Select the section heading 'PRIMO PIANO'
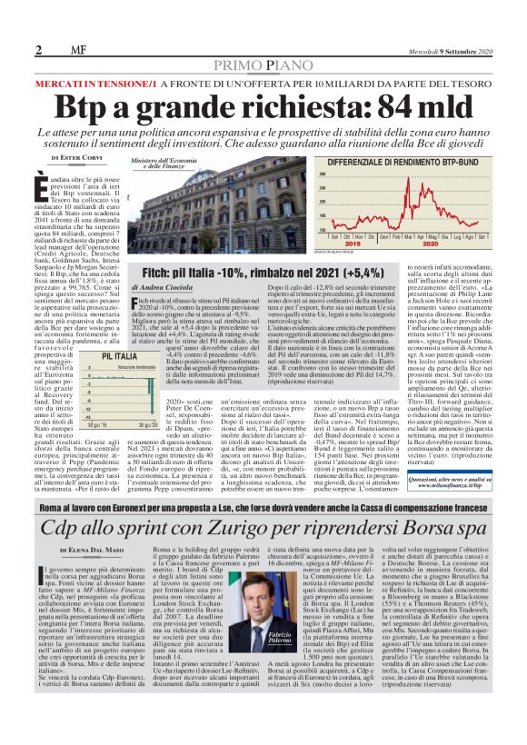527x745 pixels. pyautogui.click(x=264, y=65)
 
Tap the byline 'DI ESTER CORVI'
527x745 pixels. pyautogui.click(x=83, y=158)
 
